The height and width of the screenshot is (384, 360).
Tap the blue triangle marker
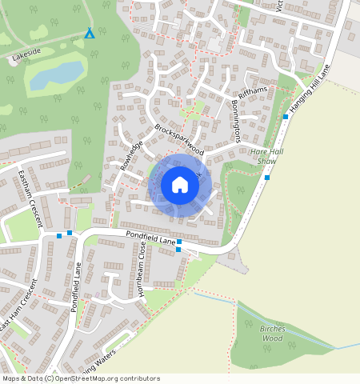click(x=90, y=34)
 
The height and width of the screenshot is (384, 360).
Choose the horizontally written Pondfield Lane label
click(x=150, y=237)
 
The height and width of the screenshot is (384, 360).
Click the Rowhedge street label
click(x=130, y=155)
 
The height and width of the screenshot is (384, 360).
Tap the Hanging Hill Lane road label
click(x=311, y=90)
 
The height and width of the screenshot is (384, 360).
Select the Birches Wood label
click(x=273, y=333)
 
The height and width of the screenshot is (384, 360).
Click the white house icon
click(x=180, y=185)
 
